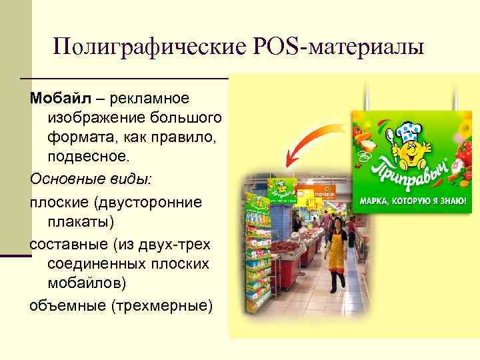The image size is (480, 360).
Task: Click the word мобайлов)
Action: [x=87, y=283]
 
